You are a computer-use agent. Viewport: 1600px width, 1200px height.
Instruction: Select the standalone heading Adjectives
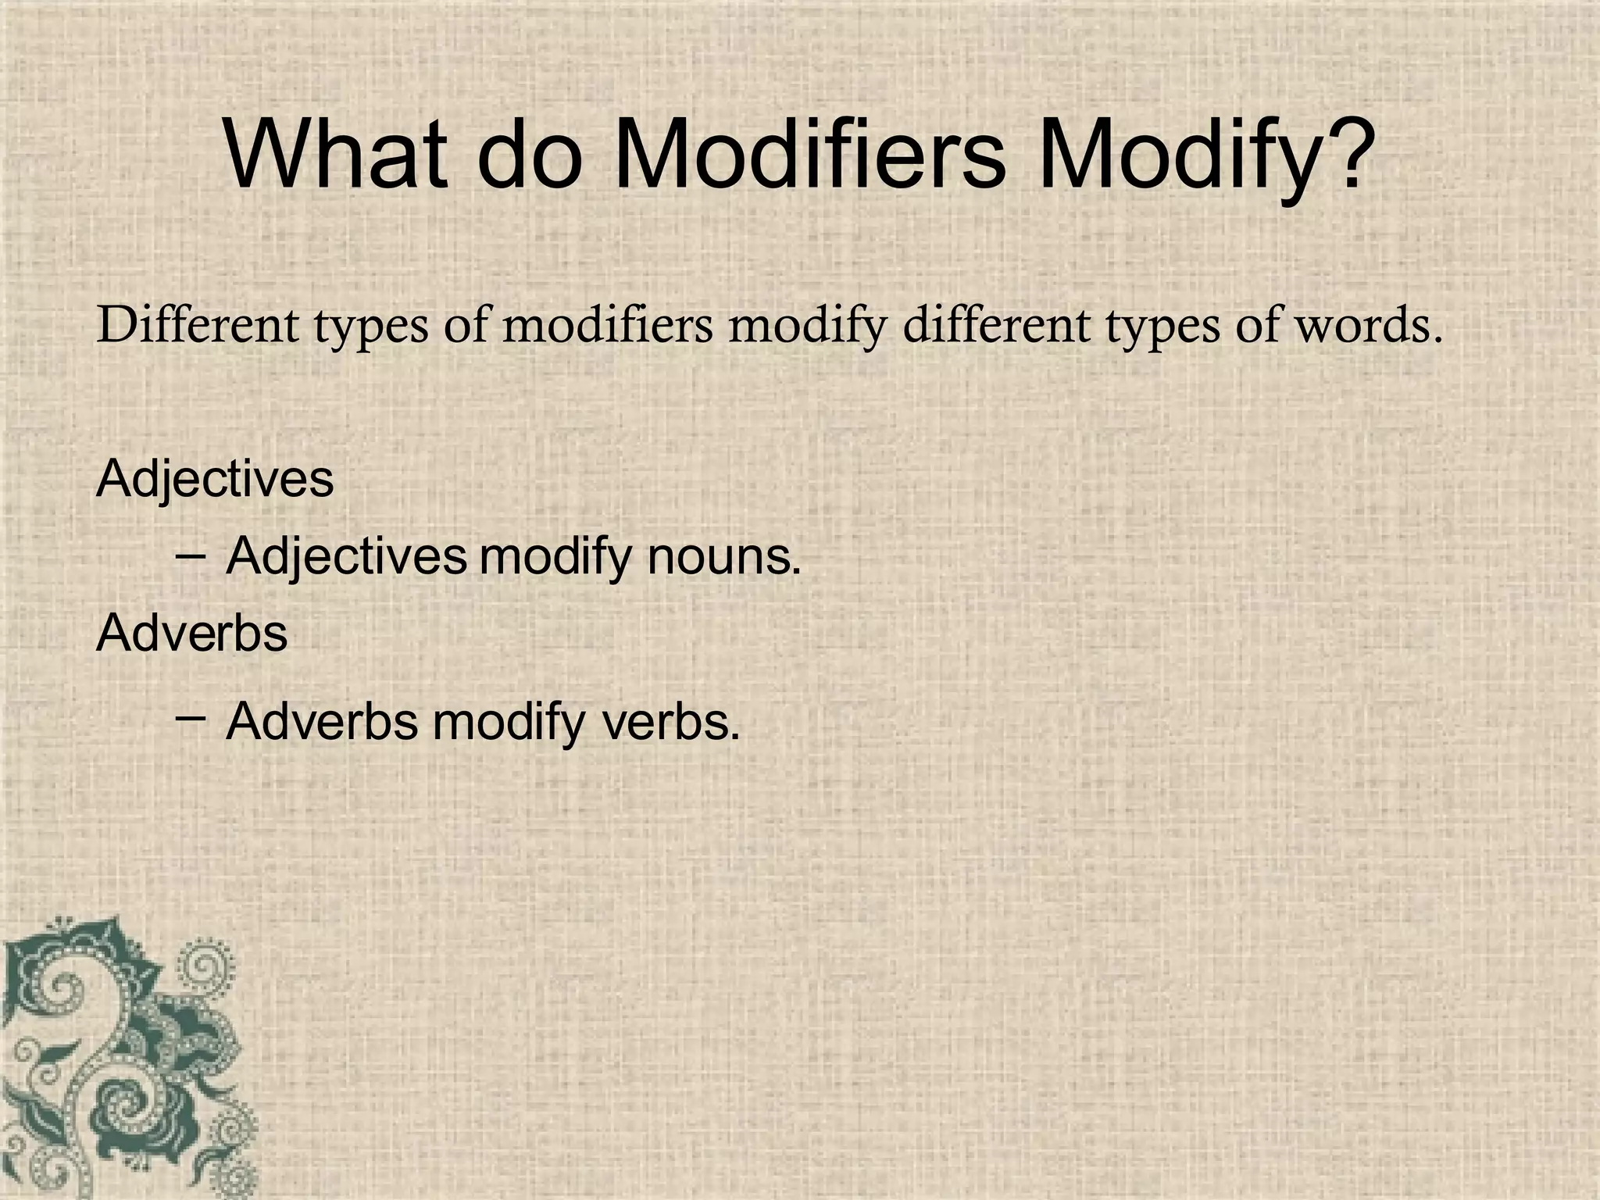215,480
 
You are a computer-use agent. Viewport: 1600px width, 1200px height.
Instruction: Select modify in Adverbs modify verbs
508,723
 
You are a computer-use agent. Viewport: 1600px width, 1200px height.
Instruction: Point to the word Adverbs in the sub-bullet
322,722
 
